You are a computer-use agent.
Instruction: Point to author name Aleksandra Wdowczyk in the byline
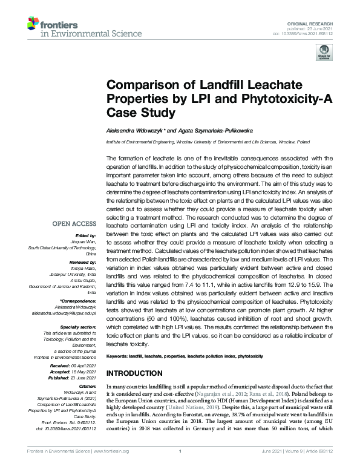click(134, 129)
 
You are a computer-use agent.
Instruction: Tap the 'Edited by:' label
click(87, 235)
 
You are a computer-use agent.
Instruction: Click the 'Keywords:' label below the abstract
click(117, 358)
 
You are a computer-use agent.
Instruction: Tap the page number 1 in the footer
click(180, 468)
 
